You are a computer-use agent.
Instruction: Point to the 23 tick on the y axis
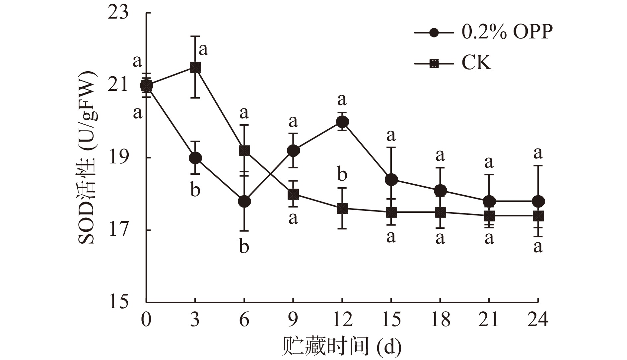[118, 13]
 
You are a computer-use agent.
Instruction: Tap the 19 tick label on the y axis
[118, 158]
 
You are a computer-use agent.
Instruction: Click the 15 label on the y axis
[118, 303]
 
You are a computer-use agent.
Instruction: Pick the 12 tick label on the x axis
[342, 320]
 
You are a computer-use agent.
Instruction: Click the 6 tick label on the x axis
[244, 320]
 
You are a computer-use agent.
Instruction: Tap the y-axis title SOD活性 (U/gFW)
[87, 157]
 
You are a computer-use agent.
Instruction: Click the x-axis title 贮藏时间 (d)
[342, 347]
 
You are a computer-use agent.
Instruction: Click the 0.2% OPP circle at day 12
[342, 122]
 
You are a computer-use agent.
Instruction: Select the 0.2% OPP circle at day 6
[244, 201]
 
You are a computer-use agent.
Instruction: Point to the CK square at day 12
[342, 209]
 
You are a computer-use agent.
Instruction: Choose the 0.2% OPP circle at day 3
[195, 158]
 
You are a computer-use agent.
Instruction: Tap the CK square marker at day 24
[538, 216]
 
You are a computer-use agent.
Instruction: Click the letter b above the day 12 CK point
[342, 175]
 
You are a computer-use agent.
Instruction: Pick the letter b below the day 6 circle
[244, 247]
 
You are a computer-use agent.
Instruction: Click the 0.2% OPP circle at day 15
[391, 180]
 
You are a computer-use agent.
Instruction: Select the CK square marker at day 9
[293, 194]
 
